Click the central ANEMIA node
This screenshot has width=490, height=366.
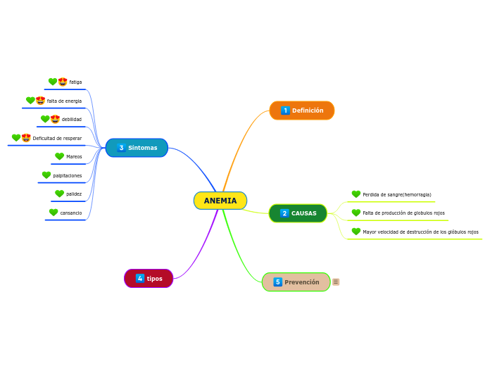tap(220, 201)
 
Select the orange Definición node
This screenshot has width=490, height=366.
tap(302, 111)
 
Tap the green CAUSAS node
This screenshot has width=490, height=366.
tap(298, 213)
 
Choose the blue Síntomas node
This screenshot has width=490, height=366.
tap(137, 148)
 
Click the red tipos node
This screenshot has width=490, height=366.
tap(149, 279)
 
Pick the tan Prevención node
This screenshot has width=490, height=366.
tap(296, 282)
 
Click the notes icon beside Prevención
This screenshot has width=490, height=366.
tap(336, 282)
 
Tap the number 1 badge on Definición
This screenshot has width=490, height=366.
tap(285, 111)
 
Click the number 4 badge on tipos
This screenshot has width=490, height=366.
tap(140, 279)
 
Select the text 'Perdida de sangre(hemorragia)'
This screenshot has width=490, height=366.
tap(397, 195)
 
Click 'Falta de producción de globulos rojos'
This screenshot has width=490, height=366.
tap(403, 213)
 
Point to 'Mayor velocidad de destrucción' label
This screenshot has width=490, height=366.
tap(420, 232)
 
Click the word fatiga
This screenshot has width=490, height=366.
tap(75, 82)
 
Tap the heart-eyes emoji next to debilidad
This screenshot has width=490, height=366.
tap(55, 120)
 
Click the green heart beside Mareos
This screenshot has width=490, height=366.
tap(59, 157)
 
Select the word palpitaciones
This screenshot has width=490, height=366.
tap(68, 176)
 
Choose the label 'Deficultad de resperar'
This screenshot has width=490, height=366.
tap(57, 139)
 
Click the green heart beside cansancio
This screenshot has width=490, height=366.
tap(54, 213)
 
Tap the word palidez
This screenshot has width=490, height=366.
tap(74, 194)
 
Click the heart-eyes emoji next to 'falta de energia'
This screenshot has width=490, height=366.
tap(40, 101)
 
